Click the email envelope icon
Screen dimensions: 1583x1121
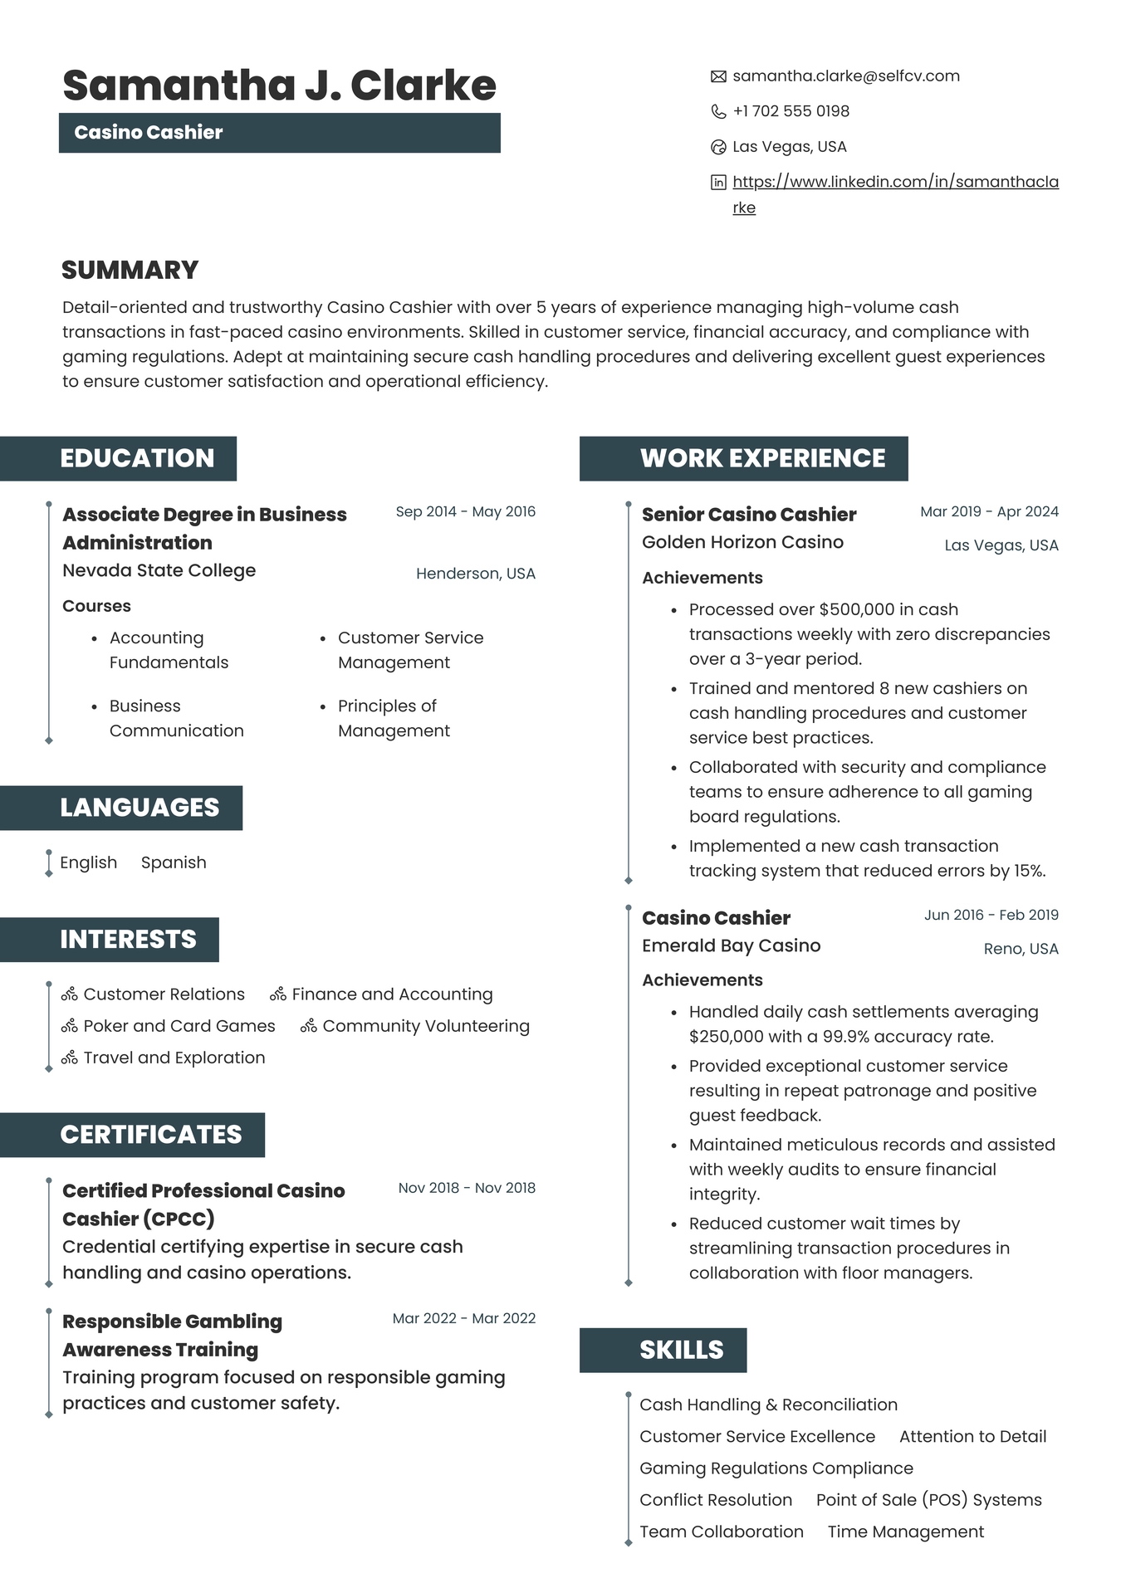pos(718,77)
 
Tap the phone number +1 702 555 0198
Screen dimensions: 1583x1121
pos(791,111)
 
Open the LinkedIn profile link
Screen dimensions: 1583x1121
pos(895,182)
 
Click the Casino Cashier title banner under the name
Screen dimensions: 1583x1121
pos(279,133)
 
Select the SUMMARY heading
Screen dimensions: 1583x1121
pos(130,270)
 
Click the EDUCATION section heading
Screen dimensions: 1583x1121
pos(137,458)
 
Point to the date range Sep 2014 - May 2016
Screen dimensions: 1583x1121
pos(465,511)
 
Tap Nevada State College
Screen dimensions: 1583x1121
pos(159,570)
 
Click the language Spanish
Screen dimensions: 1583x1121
pos(174,862)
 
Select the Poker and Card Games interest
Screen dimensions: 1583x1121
pos(179,1026)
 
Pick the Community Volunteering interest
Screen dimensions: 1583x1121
pos(425,1026)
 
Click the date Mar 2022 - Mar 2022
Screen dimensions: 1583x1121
pos(463,1318)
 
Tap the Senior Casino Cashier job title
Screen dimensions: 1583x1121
pos(748,515)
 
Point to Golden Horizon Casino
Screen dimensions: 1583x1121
pos(742,542)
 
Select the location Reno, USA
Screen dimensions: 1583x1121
pos(1021,949)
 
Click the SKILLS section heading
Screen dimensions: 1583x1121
pos(681,1350)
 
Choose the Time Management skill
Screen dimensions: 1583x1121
pos(905,1532)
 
